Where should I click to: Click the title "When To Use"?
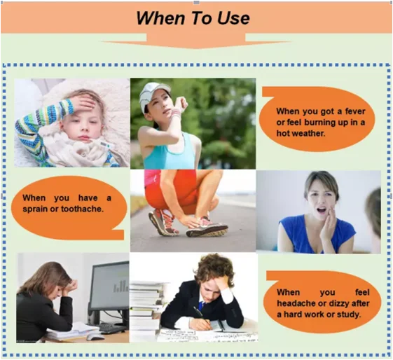coord(193,18)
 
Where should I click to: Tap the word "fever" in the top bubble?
coord(355,111)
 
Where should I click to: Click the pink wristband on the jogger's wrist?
coord(176,114)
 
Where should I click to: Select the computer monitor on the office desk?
coord(109,293)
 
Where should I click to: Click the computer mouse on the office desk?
coord(95,336)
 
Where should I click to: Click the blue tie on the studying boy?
coord(200,305)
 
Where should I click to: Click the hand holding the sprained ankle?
coord(191,221)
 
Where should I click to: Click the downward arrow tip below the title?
coord(196,48)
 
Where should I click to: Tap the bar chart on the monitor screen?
coord(120,286)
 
